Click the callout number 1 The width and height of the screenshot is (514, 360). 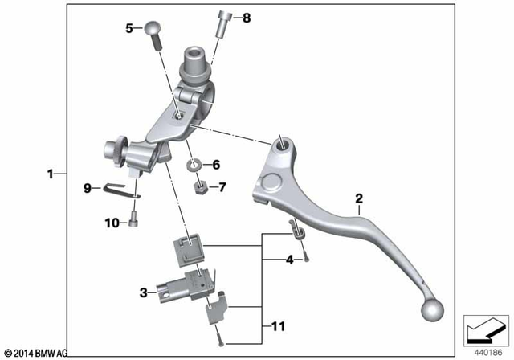(x=50, y=173)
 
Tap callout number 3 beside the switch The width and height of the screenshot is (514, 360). (x=143, y=293)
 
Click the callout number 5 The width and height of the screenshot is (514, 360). (x=128, y=28)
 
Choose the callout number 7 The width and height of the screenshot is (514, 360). (x=222, y=188)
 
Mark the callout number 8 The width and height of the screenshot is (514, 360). (x=247, y=17)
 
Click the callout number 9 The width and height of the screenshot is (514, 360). (x=88, y=188)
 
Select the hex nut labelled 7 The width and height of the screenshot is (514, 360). (x=202, y=190)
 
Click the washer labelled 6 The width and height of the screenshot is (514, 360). (x=194, y=166)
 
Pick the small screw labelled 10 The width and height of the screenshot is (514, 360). (x=133, y=220)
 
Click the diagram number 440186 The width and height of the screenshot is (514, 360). (x=485, y=351)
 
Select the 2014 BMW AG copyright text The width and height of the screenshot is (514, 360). (x=36, y=352)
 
